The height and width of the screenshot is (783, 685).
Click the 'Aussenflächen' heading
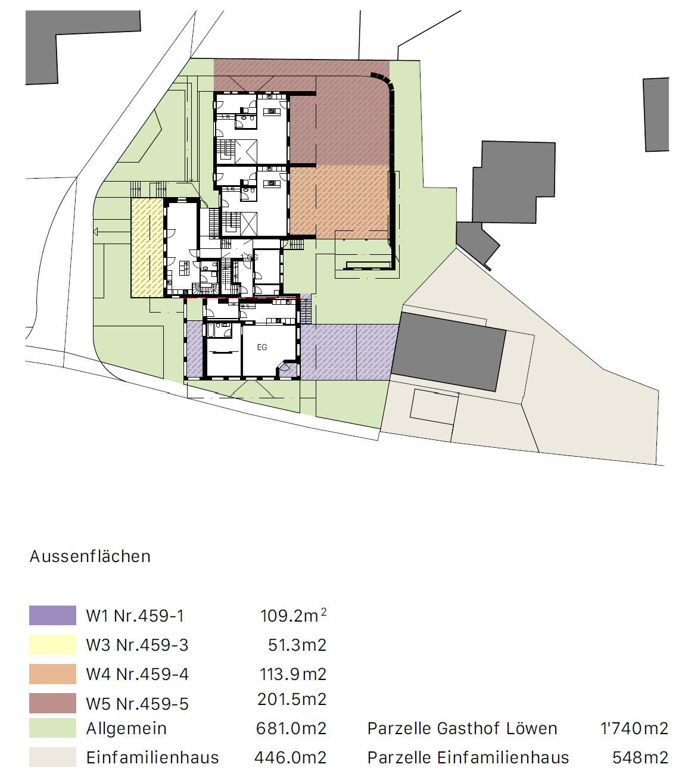click(90, 556)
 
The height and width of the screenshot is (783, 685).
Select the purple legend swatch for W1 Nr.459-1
click(52, 615)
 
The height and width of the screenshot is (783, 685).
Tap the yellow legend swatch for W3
click(52, 644)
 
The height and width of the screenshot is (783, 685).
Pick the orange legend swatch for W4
click(52, 673)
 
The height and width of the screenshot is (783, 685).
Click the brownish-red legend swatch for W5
click(52, 703)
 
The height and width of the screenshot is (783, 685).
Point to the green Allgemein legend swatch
click(52, 728)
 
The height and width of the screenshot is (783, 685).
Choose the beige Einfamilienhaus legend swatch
click(52, 757)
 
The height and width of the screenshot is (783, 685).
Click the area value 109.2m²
click(292, 615)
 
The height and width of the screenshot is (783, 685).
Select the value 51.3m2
click(297, 645)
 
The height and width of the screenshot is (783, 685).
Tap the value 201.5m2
click(292, 699)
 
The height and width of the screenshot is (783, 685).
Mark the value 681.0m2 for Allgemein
click(291, 728)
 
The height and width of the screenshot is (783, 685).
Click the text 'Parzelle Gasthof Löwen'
click(462, 728)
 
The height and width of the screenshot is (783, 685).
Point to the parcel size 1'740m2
click(634, 728)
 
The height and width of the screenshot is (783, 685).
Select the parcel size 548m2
click(640, 757)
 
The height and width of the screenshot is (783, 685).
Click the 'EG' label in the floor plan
click(262, 347)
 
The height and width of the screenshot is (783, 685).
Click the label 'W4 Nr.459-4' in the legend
click(137, 674)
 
